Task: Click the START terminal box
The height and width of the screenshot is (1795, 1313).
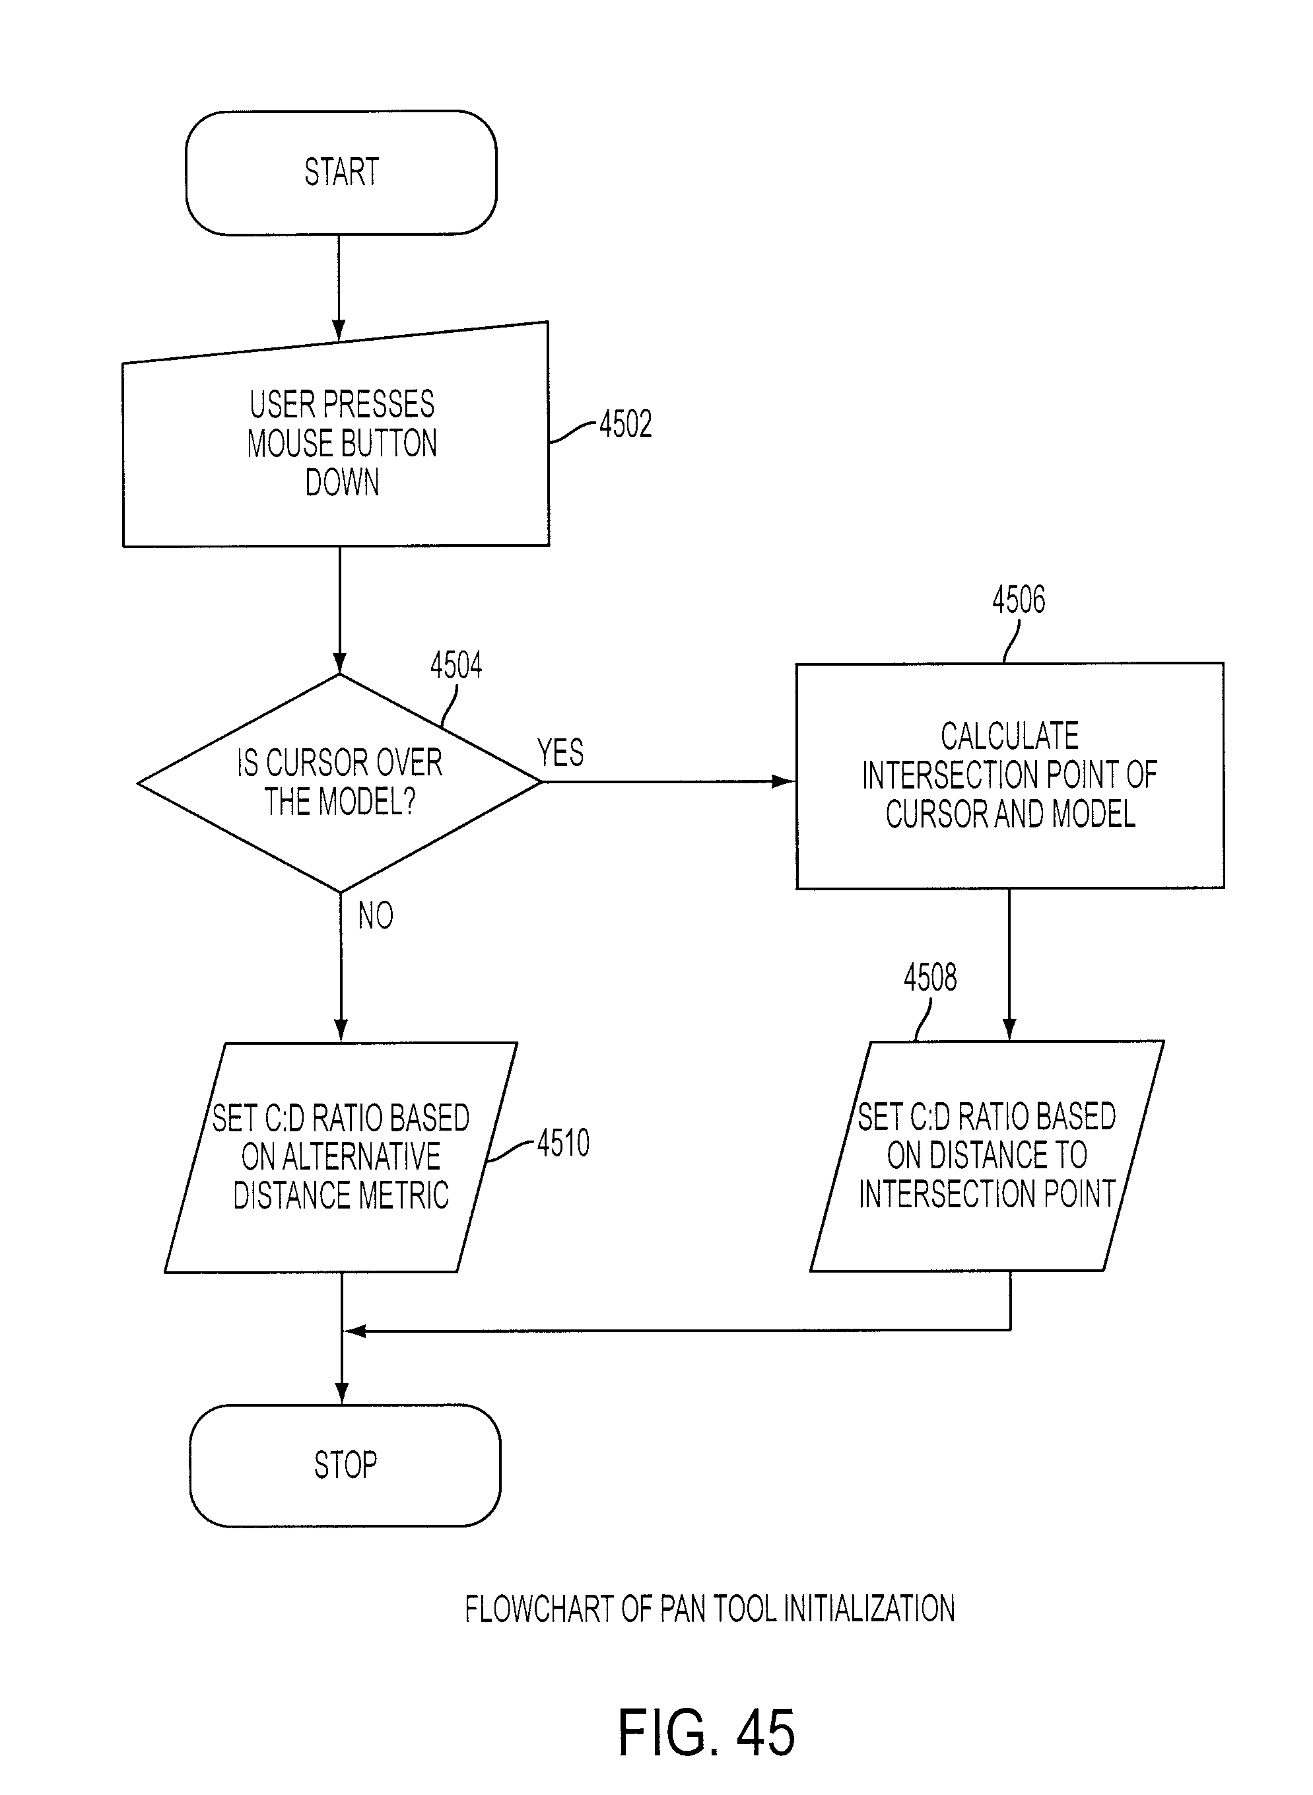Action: tap(341, 172)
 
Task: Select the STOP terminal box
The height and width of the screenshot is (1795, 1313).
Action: tap(345, 1465)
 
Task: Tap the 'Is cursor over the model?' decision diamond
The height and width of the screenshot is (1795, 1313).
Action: tap(339, 783)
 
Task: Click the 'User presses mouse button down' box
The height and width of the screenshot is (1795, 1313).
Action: tap(335, 434)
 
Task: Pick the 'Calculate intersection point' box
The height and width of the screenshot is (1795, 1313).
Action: tap(1009, 775)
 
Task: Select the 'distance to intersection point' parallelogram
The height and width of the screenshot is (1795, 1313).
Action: tap(986, 1156)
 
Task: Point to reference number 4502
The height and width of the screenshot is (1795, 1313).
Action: tap(626, 424)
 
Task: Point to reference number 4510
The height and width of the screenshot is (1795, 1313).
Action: tap(564, 1143)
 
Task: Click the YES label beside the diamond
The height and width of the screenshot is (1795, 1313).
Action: tap(560, 753)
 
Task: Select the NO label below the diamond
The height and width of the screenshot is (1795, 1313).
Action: tap(375, 916)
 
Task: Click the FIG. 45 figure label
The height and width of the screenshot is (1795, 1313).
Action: tap(706, 1733)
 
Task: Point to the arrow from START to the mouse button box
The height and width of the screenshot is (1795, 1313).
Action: tap(339, 288)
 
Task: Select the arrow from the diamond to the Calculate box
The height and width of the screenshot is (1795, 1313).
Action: tap(669, 781)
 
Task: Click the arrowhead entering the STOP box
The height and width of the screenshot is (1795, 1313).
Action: tap(342, 1394)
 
